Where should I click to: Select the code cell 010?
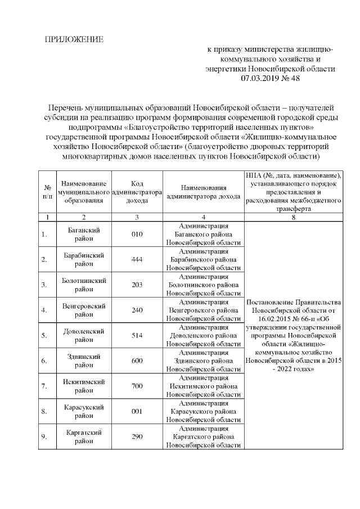(137, 234)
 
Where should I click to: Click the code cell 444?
(137, 259)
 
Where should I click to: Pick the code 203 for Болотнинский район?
(137, 285)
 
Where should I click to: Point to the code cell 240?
(137, 310)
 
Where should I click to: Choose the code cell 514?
(137, 335)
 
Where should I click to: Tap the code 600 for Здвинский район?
(137, 361)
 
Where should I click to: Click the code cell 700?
(137, 386)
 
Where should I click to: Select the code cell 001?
(137, 411)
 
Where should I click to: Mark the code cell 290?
(137, 436)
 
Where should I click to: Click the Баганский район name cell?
(84, 234)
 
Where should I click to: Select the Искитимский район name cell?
(84, 386)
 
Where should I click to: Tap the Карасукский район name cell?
(84, 411)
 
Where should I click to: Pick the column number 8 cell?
(294, 217)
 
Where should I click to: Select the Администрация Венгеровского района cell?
(204, 310)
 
